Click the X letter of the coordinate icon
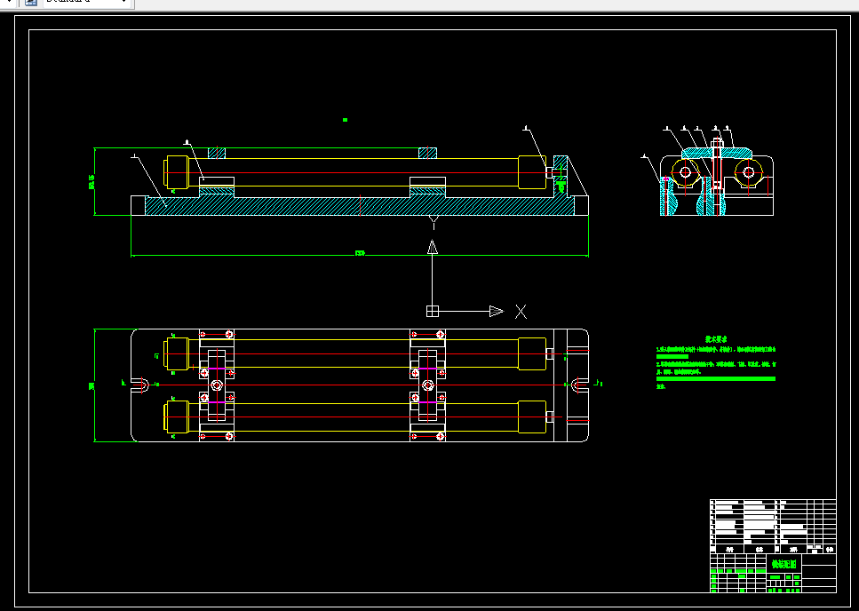(x=521, y=312)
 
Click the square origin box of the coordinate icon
(x=433, y=311)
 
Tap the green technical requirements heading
(x=716, y=338)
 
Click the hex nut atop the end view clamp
(x=716, y=143)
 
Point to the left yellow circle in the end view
(x=685, y=172)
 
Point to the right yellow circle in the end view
(x=748, y=172)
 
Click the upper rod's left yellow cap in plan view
(x=175, y=353)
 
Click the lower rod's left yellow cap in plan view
(x=175, y=417)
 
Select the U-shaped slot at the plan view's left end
(x=141, y=385)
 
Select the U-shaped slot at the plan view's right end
(x=578, y=385)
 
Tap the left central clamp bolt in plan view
(x=217, y=385)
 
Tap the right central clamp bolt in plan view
(x=427, y=385)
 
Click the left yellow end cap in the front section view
(x=175, y=172)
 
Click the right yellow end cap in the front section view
(x=531, y=172)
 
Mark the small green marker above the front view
(x=345, y=120)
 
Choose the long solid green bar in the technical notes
(x=716, y=379)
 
